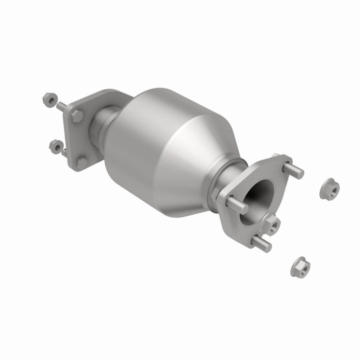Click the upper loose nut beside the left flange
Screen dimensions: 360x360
49,99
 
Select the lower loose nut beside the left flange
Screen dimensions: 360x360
55,145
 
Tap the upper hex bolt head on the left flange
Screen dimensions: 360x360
77,116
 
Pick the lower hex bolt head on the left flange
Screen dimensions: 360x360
81,162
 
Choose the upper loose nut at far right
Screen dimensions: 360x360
329,188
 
